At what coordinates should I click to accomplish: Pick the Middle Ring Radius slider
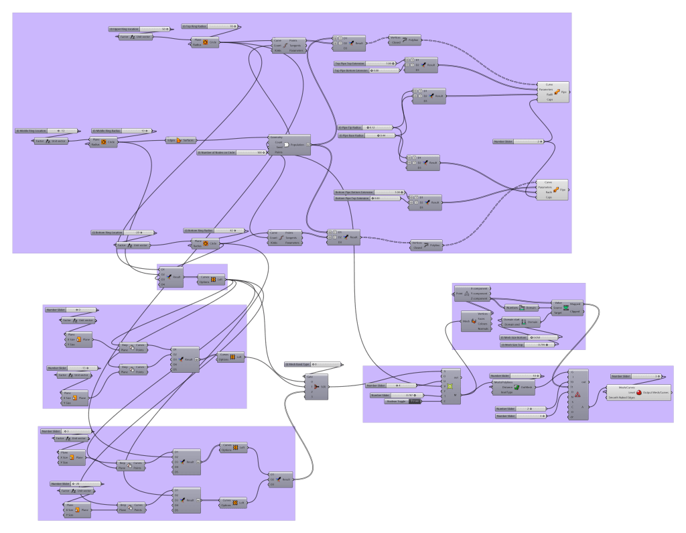point(121,131)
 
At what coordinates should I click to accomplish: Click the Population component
point(290,143)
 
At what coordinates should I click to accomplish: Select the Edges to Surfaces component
point(181,140)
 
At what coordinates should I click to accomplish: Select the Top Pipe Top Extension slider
point(364,64)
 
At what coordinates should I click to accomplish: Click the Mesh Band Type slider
point(312,364)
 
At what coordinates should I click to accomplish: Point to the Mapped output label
point(575,303)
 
